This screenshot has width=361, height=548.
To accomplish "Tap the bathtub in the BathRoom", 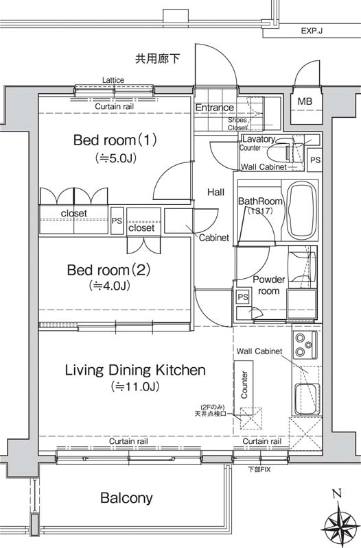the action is coord(303,210).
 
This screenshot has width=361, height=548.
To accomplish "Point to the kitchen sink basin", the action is coord(307,399).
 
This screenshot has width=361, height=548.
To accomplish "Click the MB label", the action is coord(305,101).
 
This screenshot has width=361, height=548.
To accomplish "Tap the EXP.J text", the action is coord(312,31).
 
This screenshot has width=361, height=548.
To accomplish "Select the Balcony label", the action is coord(126,498).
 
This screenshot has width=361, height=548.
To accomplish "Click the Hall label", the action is coord(216,192).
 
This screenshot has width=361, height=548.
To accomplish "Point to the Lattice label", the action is coord(113,80).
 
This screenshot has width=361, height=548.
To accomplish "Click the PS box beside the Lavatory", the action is coord(315,160).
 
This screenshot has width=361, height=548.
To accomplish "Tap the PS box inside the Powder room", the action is coord(243,297).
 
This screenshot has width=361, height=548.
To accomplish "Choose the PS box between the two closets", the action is coord(117,221).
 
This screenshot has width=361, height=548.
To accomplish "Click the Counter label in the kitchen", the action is coord(244,384).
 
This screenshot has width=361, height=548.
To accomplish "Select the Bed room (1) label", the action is coord(115,140).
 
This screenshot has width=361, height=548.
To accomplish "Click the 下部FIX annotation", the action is coord(259,469).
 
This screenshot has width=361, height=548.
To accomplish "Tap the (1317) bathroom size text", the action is coord(259,211).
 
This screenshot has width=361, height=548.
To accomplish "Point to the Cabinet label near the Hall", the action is coord(214,238).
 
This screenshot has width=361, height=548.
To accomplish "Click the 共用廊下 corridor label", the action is coord(158,58).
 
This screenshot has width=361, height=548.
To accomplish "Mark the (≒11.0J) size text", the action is coord(135,386).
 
